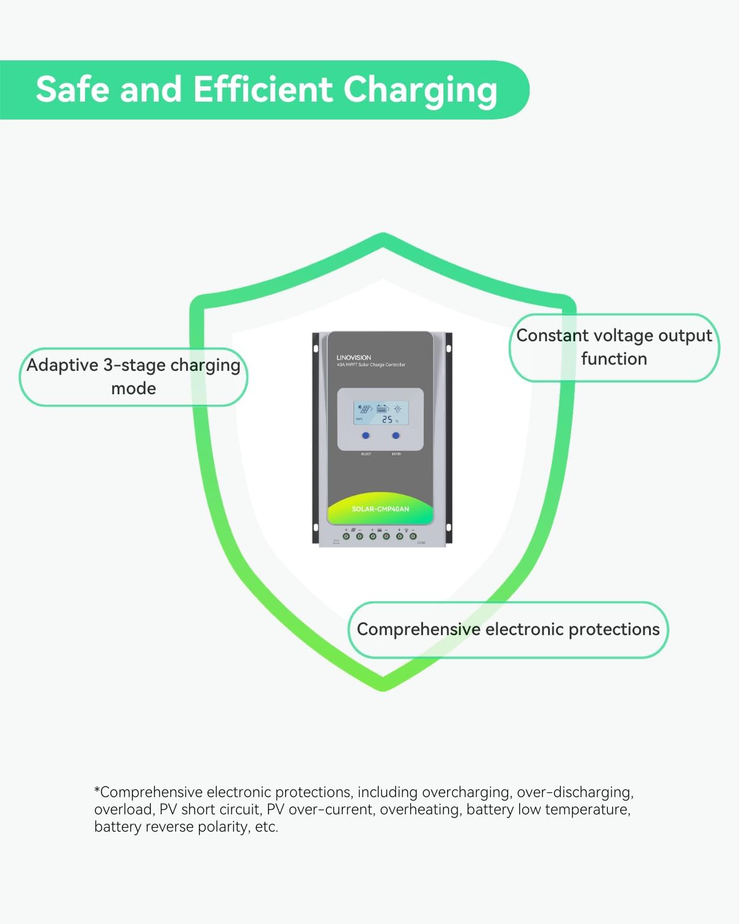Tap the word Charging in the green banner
click(420, 91)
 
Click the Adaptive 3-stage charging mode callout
click(134, 377)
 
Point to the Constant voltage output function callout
click(614, 347)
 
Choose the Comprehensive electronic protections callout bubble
click(508, 630)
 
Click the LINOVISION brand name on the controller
click(353, 357)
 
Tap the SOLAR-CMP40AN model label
click(380, 509)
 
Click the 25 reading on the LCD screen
click(387, 419)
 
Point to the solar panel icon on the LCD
click(365, 409)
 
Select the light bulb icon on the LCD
click(398, 408)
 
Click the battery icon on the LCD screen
click(382, 408)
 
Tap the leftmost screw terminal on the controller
click(345, 537)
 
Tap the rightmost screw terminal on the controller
click(413, 537)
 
